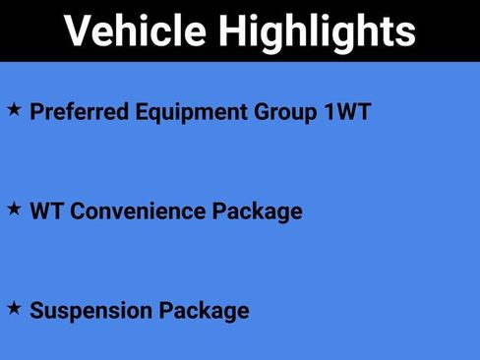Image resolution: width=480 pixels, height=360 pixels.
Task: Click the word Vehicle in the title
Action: click(x=135, y=31)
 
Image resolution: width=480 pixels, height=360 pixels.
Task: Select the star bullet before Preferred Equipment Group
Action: click(x=14, y=109)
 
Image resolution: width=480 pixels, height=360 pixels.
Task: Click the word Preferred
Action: click(x=80, y=111)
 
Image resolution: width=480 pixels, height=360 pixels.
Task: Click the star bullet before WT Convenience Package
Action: click(x=14, y=209)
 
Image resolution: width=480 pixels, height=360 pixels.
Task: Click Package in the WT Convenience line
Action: click(x=259, y=210)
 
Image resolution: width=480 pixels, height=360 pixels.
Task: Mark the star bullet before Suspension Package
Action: click(x=14, y=309)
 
